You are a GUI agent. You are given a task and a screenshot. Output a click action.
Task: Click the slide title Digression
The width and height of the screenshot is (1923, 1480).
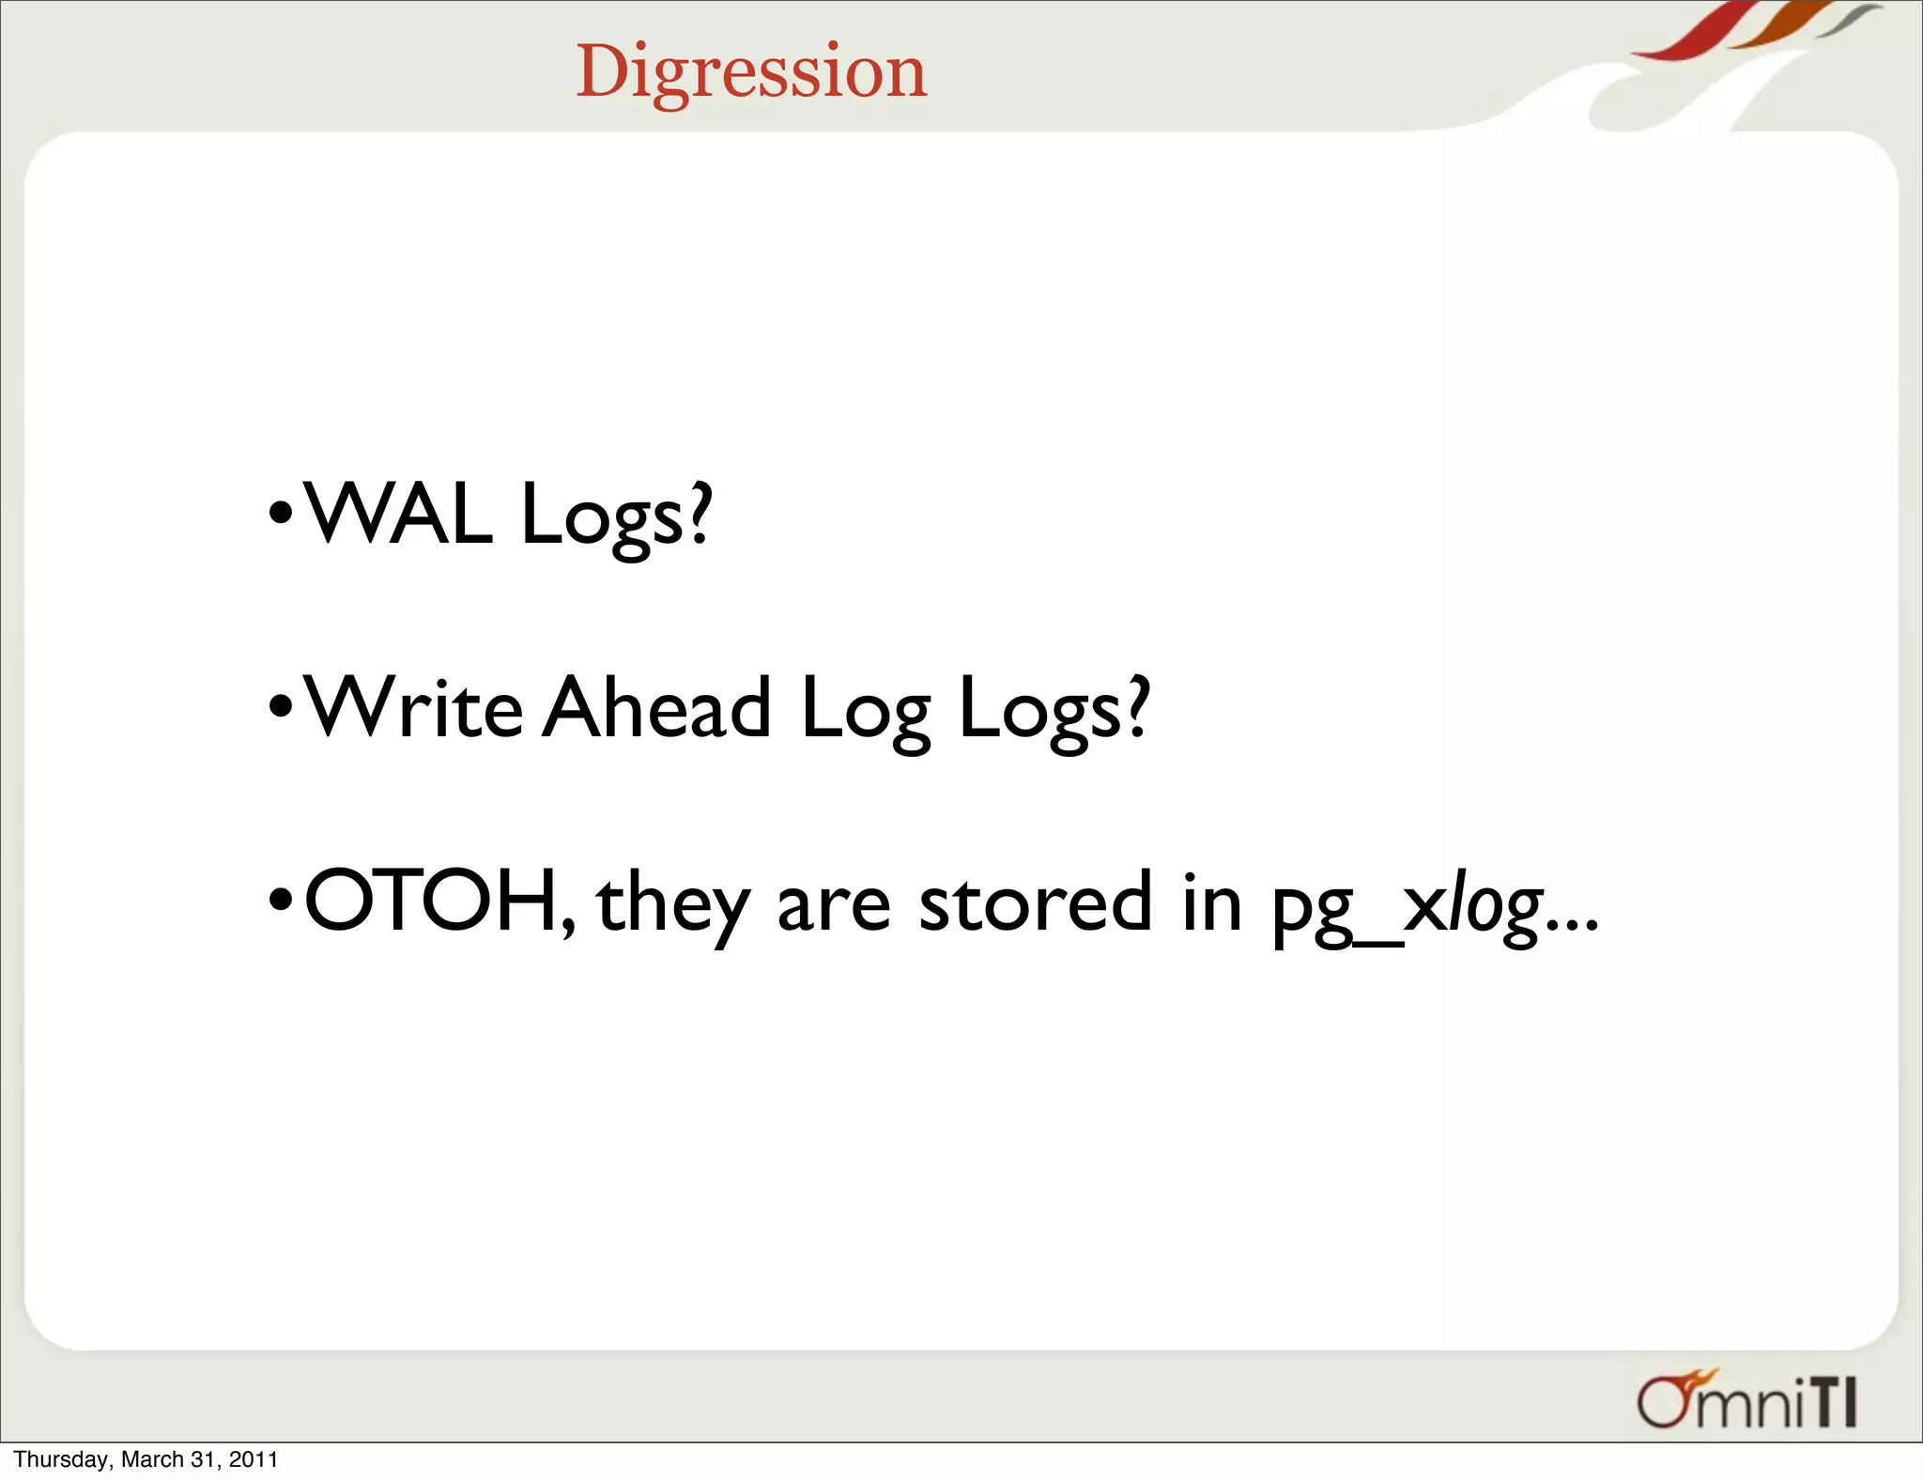pyautogui.click(x=751, y=71)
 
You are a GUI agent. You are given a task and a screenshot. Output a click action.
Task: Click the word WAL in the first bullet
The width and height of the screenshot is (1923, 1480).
pyautogui.click(x=398, y=514)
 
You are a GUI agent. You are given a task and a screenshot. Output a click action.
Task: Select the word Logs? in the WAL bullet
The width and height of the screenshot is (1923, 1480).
pyautogui.click(x=616, y=516)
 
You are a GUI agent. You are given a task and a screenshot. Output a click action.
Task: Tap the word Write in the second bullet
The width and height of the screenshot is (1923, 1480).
pyautogui.click(x=414, y=709)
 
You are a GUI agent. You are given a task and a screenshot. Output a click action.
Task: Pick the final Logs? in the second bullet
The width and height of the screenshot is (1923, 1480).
pyautogui.click(x=1054, y=712)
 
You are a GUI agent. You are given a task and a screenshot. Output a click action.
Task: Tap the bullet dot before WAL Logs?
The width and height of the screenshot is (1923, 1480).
pyautogui.click(x=280, y=516)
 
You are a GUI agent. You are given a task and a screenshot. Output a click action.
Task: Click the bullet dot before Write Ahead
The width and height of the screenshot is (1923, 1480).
pyautogui.click(x=280, y=709)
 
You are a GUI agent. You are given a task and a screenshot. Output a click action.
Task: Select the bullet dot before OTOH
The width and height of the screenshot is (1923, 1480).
pyautogui.click(x=280, y=902)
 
